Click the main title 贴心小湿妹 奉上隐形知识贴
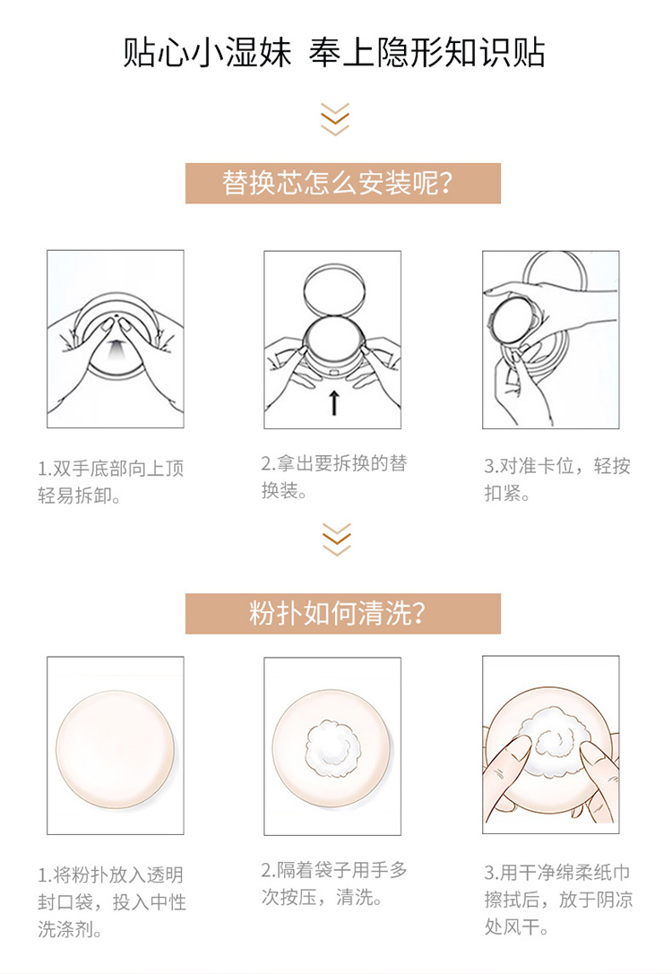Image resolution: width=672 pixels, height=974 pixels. [334, 52]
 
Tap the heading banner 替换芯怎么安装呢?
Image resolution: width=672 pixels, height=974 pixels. [343, 184]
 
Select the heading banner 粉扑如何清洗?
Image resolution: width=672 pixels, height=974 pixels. [343, 614]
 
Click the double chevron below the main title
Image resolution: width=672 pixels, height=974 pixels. [335, 119]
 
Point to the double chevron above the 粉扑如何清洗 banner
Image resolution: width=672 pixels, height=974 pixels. [337, 539]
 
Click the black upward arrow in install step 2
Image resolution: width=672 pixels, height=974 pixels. [334, 402]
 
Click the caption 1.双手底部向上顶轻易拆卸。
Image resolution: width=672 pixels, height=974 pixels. [110, 481]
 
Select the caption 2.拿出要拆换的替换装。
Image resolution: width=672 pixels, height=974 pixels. [334, 477]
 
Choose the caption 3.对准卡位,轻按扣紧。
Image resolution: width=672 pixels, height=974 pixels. [557, 478]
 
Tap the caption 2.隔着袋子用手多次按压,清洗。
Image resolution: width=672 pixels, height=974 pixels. [334, 883]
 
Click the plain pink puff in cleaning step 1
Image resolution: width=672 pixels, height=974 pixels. [115, 749]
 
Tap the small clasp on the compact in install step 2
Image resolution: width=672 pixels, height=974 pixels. [333, 373]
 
